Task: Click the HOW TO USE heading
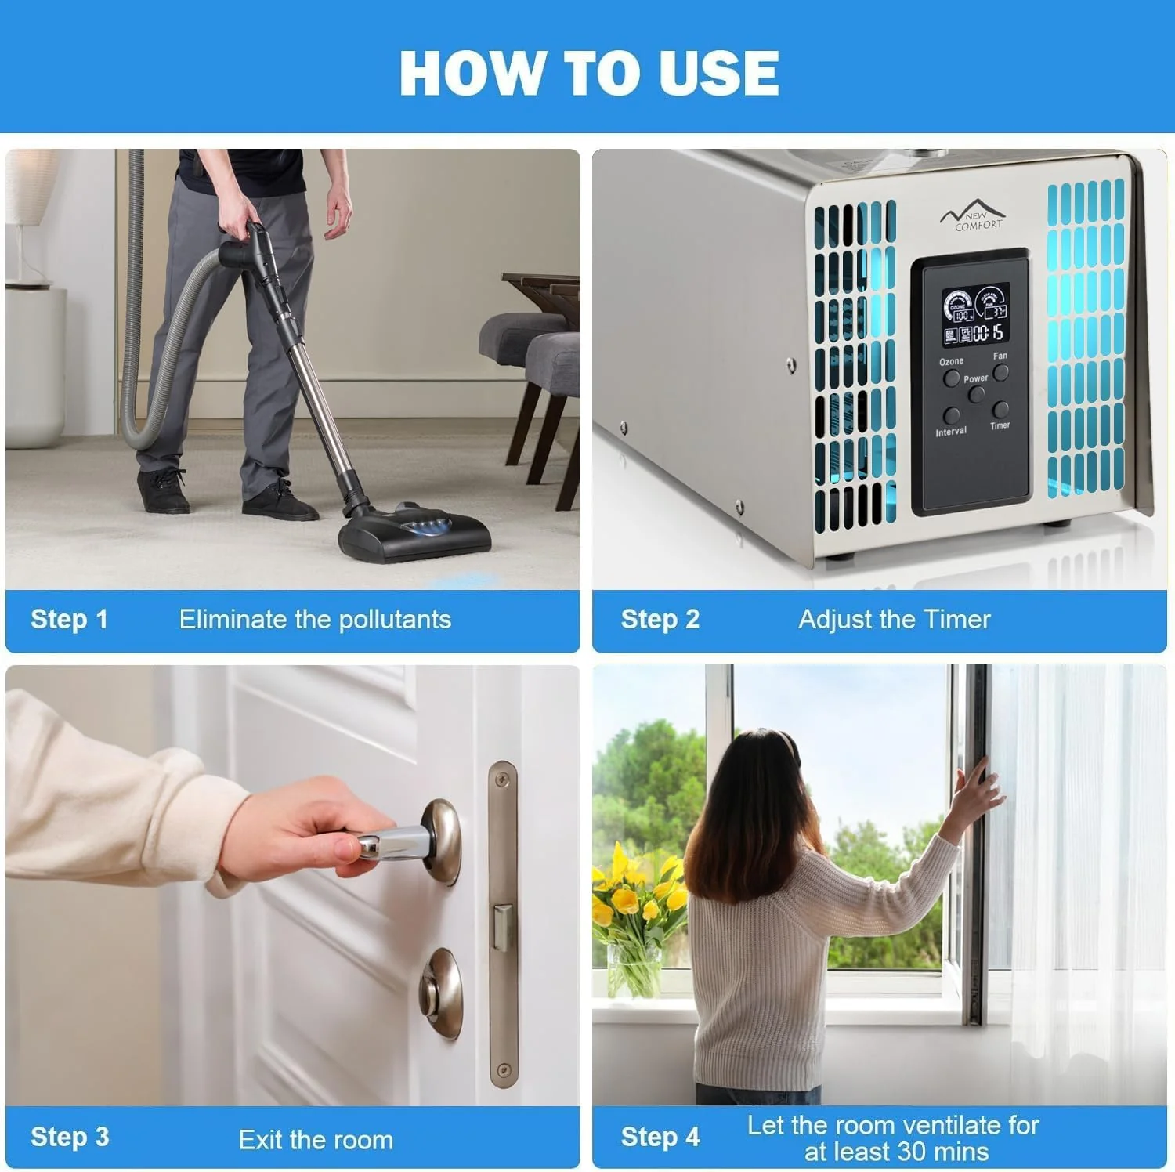(589, 73)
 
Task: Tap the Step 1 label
(69, 619)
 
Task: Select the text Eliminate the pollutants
(315, 619)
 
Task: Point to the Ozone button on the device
(951, 378)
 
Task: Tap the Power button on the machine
(976, 395)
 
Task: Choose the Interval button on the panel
(952, 415)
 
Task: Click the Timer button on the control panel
(1000, 410)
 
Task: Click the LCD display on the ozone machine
(975, 315)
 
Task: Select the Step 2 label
(660, 619)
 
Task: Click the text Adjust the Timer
(895, 619)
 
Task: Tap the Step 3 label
(70, 1137)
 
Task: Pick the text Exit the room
(316, 1139)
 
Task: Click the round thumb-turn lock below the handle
(440, 993)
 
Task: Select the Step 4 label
(660, 1137)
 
